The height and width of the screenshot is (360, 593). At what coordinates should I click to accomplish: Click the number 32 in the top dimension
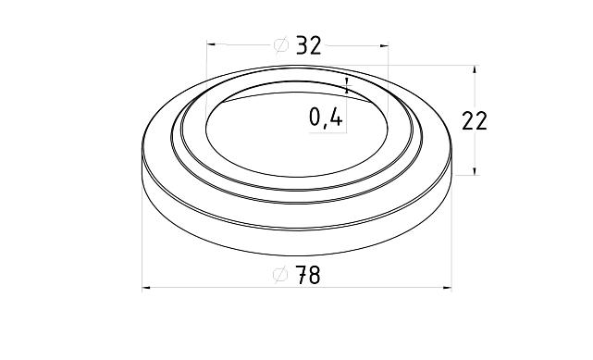pyautogui.click(x=309, y=45)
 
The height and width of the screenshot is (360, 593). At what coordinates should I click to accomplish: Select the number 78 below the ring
pyautogui.click(x=308, y=275)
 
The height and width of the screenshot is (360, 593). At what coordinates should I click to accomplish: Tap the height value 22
pyautogui.click(x=475, y=121)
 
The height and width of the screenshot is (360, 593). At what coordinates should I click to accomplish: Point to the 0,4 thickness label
pyautogui.click(x=326, y=117)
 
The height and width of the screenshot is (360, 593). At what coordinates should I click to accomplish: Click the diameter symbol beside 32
pyautogui.click(x=280, y=45)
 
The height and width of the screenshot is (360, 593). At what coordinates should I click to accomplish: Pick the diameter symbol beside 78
pyautogui.click(x=280, y=275)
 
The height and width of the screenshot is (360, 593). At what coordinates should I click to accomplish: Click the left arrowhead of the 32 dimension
pyautogui.click(x=211, y=44)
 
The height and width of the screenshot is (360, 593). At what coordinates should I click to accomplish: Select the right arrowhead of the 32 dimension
pyautogui.click(x=384, y=46)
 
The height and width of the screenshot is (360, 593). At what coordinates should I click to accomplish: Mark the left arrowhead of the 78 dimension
pyautogui.click(x=146, y=288)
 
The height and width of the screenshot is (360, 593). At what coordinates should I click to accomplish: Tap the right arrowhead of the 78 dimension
pyautogui.click(x=448, y=288)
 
